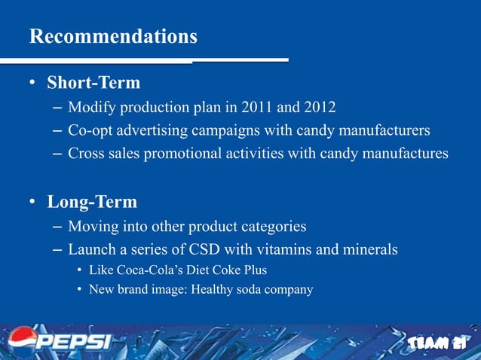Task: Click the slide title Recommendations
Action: (x=113, y=36)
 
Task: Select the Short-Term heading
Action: (x=93, y=81)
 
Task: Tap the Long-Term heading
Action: (x=92, y=202)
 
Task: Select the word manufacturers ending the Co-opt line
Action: (x=379, y=131)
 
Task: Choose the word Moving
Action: (x=93, y=227)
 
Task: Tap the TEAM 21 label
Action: (x=438, y=343)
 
